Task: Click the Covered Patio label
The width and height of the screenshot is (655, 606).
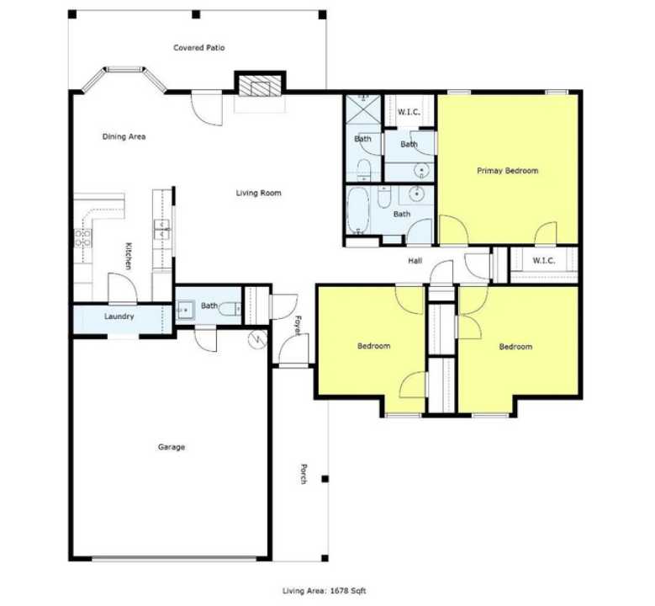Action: [199, 48]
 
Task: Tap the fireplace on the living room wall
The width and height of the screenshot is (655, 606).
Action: [258, 85]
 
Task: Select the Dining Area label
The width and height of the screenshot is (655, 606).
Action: [124, 136]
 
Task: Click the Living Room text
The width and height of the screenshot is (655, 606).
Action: [258, 193]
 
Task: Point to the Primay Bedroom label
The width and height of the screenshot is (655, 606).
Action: [507, 171]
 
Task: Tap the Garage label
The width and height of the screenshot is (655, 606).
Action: [172, 447]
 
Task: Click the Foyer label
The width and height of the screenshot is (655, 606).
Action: [298, 325]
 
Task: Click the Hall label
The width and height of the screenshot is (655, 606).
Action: [415, 261]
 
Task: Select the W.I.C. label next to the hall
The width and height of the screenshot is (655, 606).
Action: [543, 260]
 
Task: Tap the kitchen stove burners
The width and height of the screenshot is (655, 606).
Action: [82, 238]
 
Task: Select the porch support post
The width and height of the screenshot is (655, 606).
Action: [325, 480]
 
